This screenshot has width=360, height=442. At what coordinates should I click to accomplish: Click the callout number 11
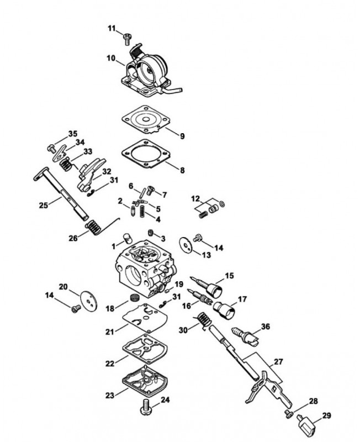click(112, 29)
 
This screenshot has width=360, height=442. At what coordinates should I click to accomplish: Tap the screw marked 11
click(128, 39)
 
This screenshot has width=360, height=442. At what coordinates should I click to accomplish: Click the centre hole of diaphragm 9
click(146, 120)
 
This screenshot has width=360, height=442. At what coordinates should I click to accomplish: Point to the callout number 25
click(44, 205)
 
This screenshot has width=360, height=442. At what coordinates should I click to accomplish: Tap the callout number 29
click(326, 415)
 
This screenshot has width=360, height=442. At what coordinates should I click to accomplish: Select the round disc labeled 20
click(88, 301)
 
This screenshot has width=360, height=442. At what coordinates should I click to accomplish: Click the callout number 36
click(266, 327)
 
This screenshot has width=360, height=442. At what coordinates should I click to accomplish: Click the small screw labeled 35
click(51, 148)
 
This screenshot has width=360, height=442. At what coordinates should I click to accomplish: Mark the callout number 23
click(110, 395)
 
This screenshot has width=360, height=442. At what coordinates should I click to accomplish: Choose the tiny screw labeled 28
click(288, 414)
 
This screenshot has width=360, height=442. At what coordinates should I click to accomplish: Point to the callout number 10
click(111, 59)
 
